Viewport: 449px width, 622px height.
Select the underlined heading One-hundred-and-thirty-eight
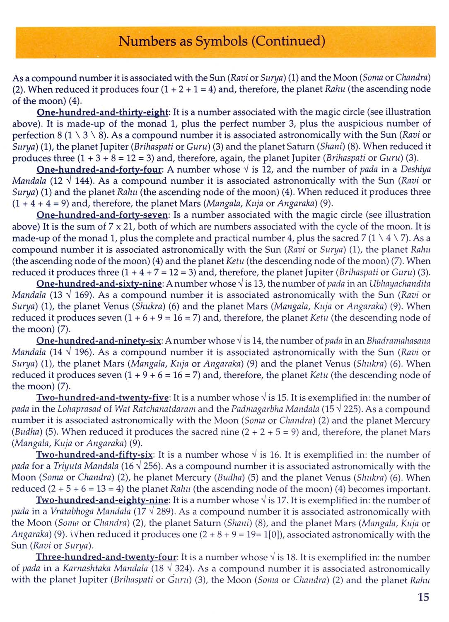103,112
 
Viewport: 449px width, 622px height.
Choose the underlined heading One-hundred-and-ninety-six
99,341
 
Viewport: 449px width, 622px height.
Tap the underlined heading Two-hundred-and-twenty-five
103,398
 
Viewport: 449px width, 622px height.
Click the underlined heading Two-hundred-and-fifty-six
94,455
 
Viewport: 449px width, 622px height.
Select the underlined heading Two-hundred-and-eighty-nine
102,501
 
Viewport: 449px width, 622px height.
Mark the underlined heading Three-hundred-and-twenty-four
106,558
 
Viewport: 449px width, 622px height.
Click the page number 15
423,597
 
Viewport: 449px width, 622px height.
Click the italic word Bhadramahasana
398,341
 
